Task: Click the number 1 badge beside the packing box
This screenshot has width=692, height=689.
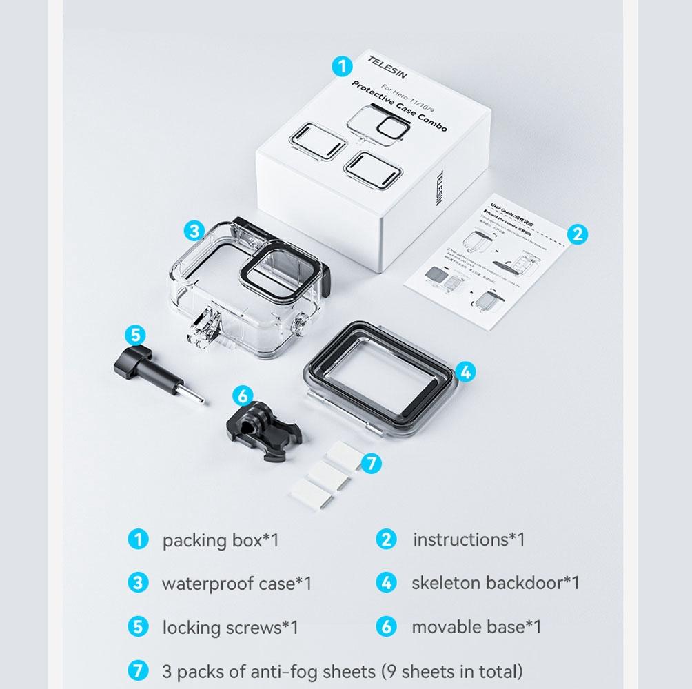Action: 342,66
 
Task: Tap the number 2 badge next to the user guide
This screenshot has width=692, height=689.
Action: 578,234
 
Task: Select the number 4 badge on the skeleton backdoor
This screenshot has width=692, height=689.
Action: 465,372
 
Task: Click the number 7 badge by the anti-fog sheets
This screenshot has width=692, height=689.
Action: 372,463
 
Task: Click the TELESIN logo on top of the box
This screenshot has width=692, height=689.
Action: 387,68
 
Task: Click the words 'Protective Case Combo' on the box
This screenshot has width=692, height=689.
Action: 398,105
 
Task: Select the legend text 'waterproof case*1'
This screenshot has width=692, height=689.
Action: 236,584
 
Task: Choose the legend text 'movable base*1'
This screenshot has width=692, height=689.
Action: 476,627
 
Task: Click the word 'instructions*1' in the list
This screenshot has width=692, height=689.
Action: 469,539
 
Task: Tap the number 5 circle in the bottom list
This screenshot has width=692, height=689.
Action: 138,627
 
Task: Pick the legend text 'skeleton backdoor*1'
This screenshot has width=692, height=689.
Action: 495,583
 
